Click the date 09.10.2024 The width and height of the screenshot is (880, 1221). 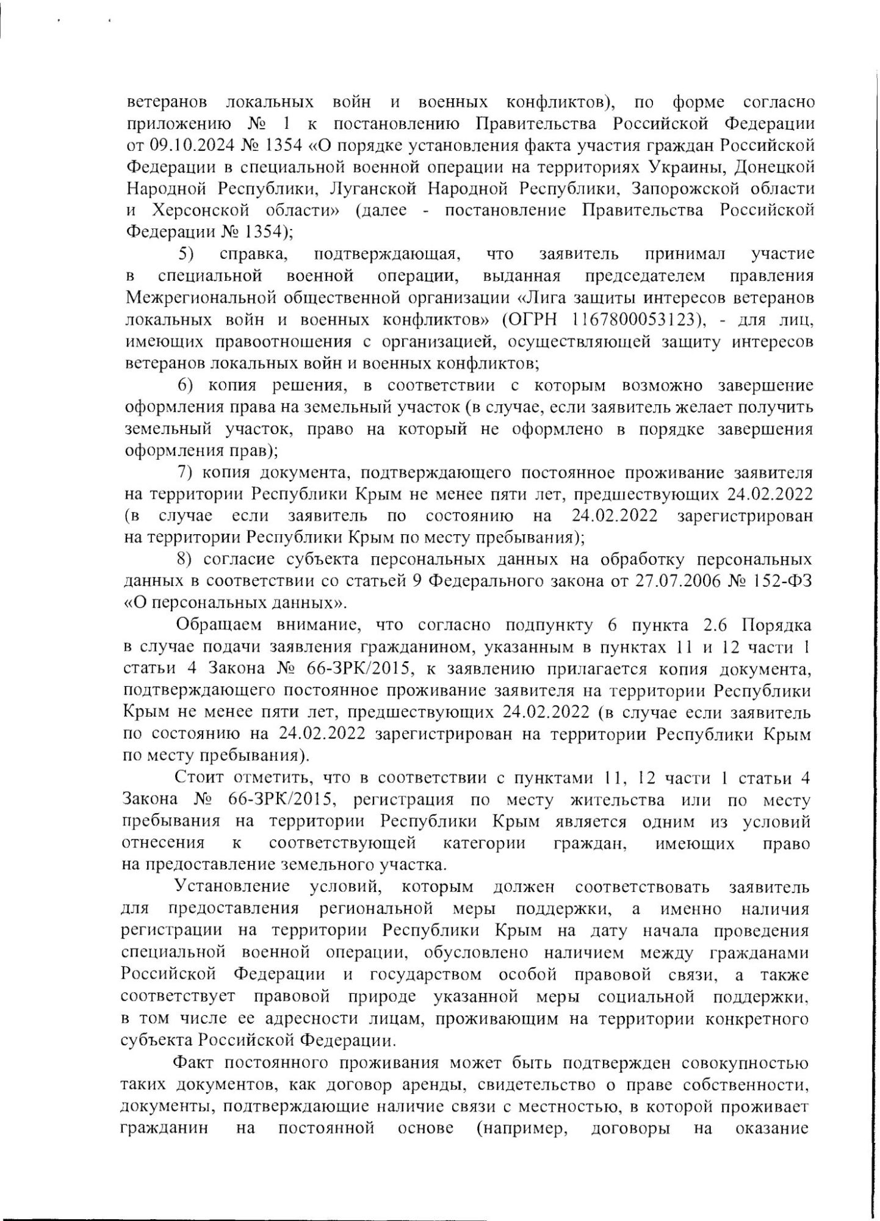pos(184,147)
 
